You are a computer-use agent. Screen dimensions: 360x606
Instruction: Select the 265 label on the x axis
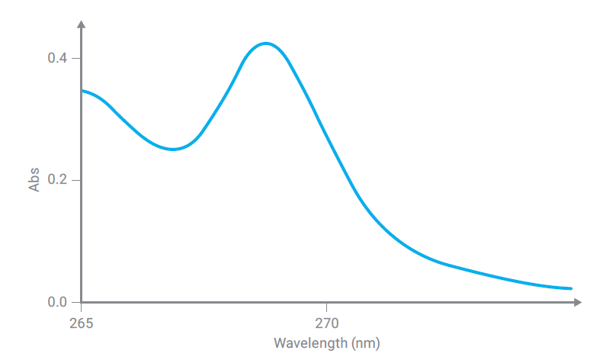pos(81,323)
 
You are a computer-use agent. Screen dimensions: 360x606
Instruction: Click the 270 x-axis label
pos(326,323)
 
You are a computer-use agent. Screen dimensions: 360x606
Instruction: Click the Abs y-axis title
pos(34,180)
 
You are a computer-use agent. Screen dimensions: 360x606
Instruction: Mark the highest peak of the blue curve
pos(265,43)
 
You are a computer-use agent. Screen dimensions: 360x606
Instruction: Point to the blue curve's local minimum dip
pos(174,149)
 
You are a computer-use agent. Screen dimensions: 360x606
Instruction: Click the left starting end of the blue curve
pos(82,91)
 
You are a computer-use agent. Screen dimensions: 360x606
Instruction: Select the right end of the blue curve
pos(571,288)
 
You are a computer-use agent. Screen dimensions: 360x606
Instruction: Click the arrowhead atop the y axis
pos(81,25)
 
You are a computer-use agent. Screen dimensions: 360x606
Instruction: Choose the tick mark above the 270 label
pos(326,307)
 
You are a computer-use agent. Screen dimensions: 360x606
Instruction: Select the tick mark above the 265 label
pos(81,307)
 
